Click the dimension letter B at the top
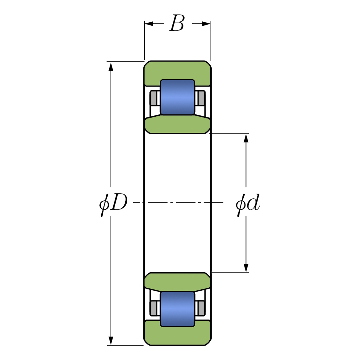tap(177, 24)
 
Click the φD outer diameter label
tap(114, 203)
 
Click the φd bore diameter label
tap(248, 203)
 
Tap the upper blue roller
tap(177, 97)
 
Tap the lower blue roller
tap(177, 309)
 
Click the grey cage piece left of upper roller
tap(154, 98)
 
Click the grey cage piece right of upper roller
tap(201, 98)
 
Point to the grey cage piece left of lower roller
tap(154, 308)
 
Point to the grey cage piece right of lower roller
tap(201, 308)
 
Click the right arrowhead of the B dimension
tap(206, 24)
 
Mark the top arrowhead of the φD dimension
tap(111, 66)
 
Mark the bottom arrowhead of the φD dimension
tap(111, 341)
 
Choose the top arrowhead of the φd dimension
tap(246, 138)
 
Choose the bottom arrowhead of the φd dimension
tap(246, 268)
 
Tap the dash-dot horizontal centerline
tap(177, 202)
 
